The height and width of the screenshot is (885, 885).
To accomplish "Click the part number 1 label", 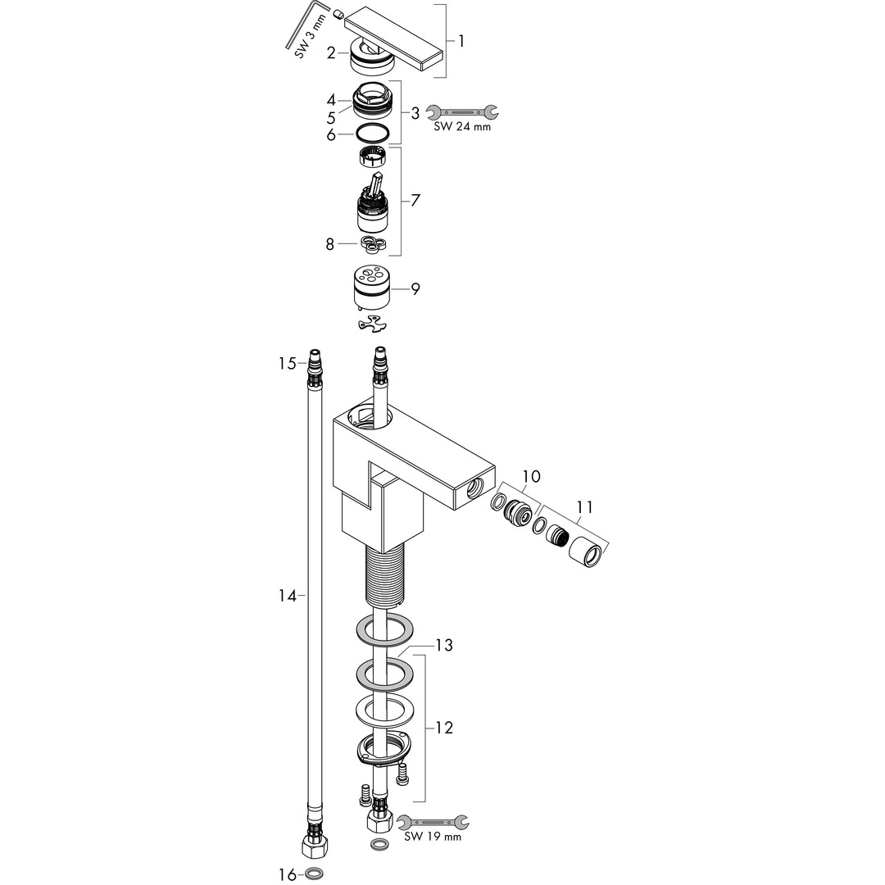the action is click(461, 41).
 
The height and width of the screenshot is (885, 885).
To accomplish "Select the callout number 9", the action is click(415, 289).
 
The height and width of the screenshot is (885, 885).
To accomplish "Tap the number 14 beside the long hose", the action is click(288, 596).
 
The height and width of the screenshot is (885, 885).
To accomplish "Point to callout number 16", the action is click(288, 874).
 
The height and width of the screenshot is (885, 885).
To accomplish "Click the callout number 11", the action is click(584, 507).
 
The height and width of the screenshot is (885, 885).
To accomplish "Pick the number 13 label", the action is click(444, 645).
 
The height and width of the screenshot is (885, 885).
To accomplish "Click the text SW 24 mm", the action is click(462, 127).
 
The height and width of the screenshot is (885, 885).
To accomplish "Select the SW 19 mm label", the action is click(433, 837).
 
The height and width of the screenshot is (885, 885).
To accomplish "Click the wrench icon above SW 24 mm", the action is click(462, 112).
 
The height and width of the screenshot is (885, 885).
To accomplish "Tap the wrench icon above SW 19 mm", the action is click(433, 822).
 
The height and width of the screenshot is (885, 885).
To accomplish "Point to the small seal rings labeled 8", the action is click(373, 244).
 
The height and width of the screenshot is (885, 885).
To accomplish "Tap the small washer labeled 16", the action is click(315, 874).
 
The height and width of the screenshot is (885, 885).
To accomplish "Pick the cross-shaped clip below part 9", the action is click(373, 324).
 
